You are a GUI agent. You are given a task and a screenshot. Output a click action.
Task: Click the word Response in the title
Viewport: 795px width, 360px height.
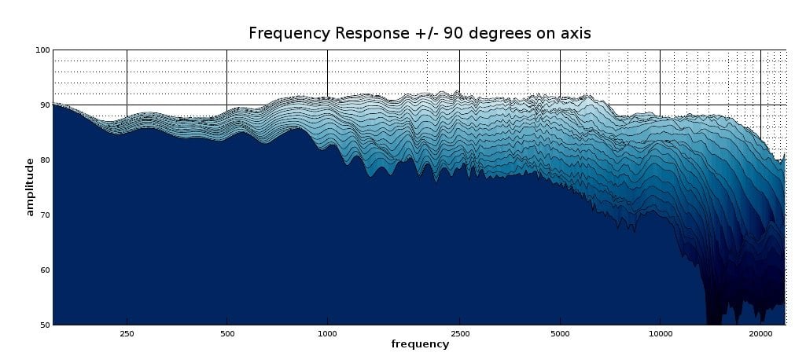(x=366, y=33)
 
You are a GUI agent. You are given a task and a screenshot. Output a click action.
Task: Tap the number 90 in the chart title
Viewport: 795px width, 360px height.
(x=455, y=33)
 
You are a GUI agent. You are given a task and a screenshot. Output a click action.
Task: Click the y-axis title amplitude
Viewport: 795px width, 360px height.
(x=30, y=186)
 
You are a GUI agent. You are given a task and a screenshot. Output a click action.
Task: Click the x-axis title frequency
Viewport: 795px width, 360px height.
(x=420, y=344)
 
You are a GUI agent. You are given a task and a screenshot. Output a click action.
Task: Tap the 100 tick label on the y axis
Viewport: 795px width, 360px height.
(x=42, y=50)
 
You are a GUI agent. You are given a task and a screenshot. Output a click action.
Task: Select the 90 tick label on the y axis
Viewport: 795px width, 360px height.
(x=44, y=105)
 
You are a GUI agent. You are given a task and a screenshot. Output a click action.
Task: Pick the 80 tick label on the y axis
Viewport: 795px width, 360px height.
(x=44, y=160)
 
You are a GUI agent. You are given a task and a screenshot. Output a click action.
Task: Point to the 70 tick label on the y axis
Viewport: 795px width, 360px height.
(x=44, y=215)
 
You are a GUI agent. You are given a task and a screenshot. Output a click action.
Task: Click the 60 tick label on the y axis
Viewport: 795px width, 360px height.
(x=44, y=270)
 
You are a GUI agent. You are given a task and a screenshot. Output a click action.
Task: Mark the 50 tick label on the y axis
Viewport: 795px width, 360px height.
(x=44, y=325)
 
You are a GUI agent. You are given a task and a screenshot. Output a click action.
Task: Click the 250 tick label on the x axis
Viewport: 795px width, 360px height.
(x=127, y=333)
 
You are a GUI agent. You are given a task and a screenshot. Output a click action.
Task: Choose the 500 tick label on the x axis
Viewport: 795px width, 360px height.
(x=226, y=333)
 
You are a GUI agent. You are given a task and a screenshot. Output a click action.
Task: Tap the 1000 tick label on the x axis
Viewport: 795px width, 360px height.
(x=327, y=333)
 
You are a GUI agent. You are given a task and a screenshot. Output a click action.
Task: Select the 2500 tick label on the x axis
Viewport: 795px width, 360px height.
(x=460, y=333)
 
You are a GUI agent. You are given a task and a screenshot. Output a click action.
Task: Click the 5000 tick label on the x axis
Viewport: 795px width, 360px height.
(x=560, y=333)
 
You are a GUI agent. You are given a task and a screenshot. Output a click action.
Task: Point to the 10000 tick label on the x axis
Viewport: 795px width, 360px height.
(x=660, y=333)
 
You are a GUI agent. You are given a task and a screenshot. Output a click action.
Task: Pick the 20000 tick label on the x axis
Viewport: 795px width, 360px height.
(x=760, y=333)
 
